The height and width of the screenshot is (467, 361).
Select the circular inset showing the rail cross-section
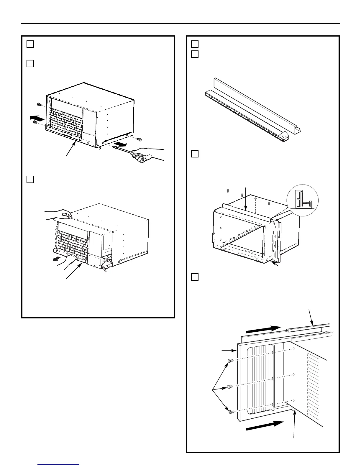[302, 198]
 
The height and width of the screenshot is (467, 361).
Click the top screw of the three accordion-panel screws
[230, 361]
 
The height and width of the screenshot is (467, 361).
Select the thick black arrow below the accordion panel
[265, 426]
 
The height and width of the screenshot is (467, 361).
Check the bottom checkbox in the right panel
[195, 277]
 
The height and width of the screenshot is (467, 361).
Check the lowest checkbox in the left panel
[30, 179]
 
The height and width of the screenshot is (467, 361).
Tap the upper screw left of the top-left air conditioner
[38, 104]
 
